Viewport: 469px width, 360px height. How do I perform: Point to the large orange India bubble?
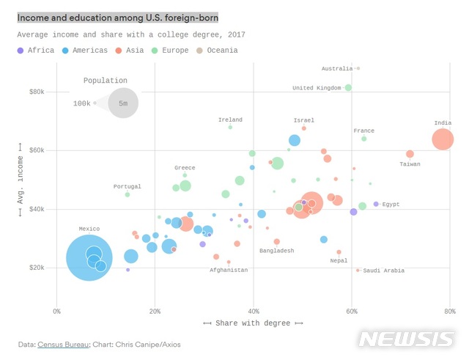coord(443,139)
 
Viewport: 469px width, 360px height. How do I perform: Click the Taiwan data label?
coord(410,164)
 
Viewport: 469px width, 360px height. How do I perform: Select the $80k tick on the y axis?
coord(36,92)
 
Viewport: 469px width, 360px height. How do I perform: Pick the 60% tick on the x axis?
coord(352,311)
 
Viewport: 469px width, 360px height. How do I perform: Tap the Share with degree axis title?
coord(253,323)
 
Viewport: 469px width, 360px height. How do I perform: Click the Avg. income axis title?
coord(21,180)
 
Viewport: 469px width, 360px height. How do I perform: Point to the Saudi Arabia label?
coord(383,271)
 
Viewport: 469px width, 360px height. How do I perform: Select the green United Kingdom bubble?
coord(348,88)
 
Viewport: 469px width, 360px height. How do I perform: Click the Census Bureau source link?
coord(64,344)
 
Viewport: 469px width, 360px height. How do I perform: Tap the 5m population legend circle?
coord(123,103)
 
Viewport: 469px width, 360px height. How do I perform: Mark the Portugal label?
coord(127,187)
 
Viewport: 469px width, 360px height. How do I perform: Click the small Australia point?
coord(358,69)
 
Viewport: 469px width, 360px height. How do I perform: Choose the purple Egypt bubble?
coord(376,204)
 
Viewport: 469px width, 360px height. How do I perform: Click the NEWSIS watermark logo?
coord(407,339)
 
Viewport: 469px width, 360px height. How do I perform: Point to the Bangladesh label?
coord(276,251)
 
